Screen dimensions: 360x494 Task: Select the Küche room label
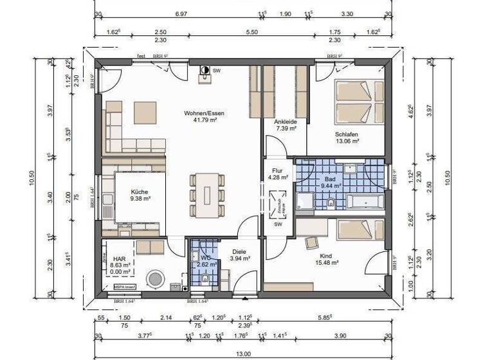pos(140,192)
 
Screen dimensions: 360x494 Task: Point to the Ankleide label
pos(285,122)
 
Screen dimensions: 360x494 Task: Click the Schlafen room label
pos(347,133)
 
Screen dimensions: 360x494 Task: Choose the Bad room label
pos(331,179)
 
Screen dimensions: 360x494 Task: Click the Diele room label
pos(239,251)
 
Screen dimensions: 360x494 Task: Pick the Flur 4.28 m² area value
pos(277,177)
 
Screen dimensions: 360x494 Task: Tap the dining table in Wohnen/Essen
pos(207,194)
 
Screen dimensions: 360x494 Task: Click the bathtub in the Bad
pos(366,202)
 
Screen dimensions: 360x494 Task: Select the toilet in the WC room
pos(203,278)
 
